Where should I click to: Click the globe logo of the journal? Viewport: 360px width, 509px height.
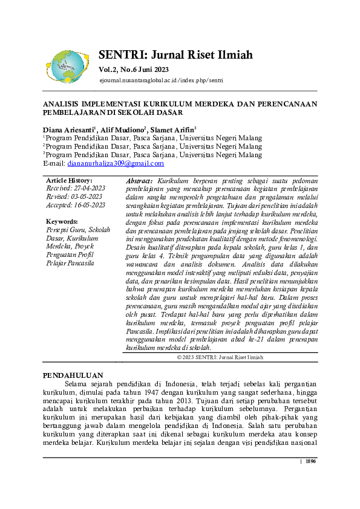point(68,66)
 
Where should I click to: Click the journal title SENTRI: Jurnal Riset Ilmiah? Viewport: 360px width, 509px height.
point(175,56)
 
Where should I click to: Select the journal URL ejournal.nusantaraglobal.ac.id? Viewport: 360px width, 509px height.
point(155,80)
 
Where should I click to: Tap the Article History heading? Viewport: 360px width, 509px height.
point(69,180)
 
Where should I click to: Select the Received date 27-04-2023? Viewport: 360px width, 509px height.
point(76,188)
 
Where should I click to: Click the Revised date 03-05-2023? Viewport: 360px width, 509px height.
point(73,196)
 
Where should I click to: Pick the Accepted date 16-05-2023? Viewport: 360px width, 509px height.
point(76,205)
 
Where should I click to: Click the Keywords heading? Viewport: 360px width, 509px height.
point(62,221)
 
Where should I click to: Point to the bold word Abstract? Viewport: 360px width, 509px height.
point(140,181)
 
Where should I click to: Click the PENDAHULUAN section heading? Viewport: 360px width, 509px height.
point(73,375)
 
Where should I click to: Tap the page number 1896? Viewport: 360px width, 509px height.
point(310,462)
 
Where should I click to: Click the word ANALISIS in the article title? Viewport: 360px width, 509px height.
point(62,104)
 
